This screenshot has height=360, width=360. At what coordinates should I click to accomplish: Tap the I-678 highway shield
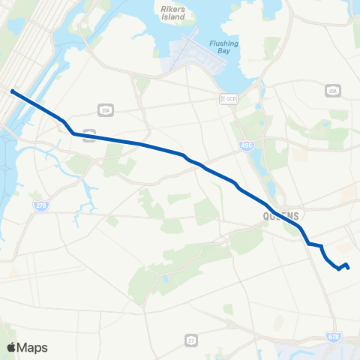pyautogui.click(x=332, y=337)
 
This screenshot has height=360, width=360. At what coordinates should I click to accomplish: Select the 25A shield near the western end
pyautogui.click(x=104, y=109)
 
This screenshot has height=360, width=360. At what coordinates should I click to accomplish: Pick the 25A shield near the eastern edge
pyautogui.click(x=332, y=91)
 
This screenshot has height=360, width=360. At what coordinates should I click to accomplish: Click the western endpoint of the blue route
pyautogui.click(x=13, y=91)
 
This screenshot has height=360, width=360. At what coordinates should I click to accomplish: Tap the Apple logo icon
pyautogui.click(x=12, y=347)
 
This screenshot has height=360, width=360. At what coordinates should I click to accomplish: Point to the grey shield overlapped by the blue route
pyautogui.click(x=89, y=135)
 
